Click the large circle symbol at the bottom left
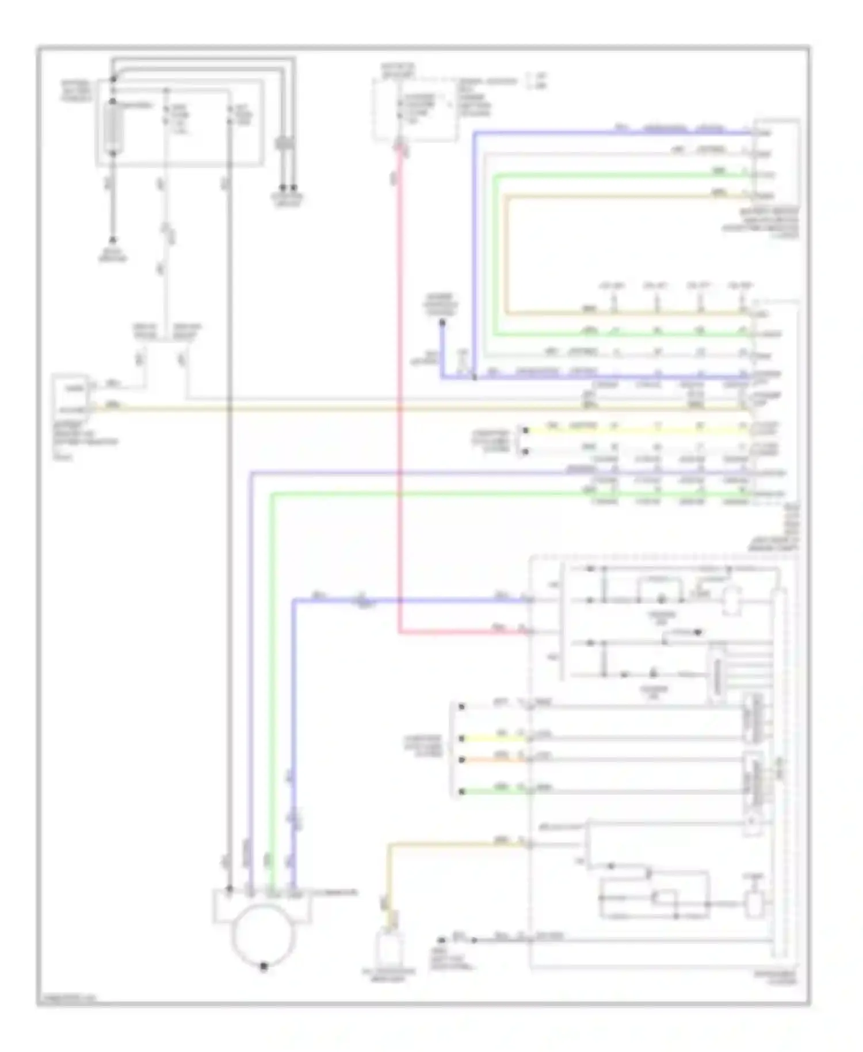pyautogui.click(x=262, y=935)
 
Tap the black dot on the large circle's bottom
pyautogui.click(x=264, y=966)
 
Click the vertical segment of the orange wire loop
pyautogui.click(x=505, y=253)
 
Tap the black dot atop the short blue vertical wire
pyautogui.click(x=441, y=323)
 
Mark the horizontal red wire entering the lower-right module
pyautogui.click(x=460, y=632)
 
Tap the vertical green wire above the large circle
pyautogui.click(x=273, y=691)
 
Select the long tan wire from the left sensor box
pyautogui.click(x=403, y=409)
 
